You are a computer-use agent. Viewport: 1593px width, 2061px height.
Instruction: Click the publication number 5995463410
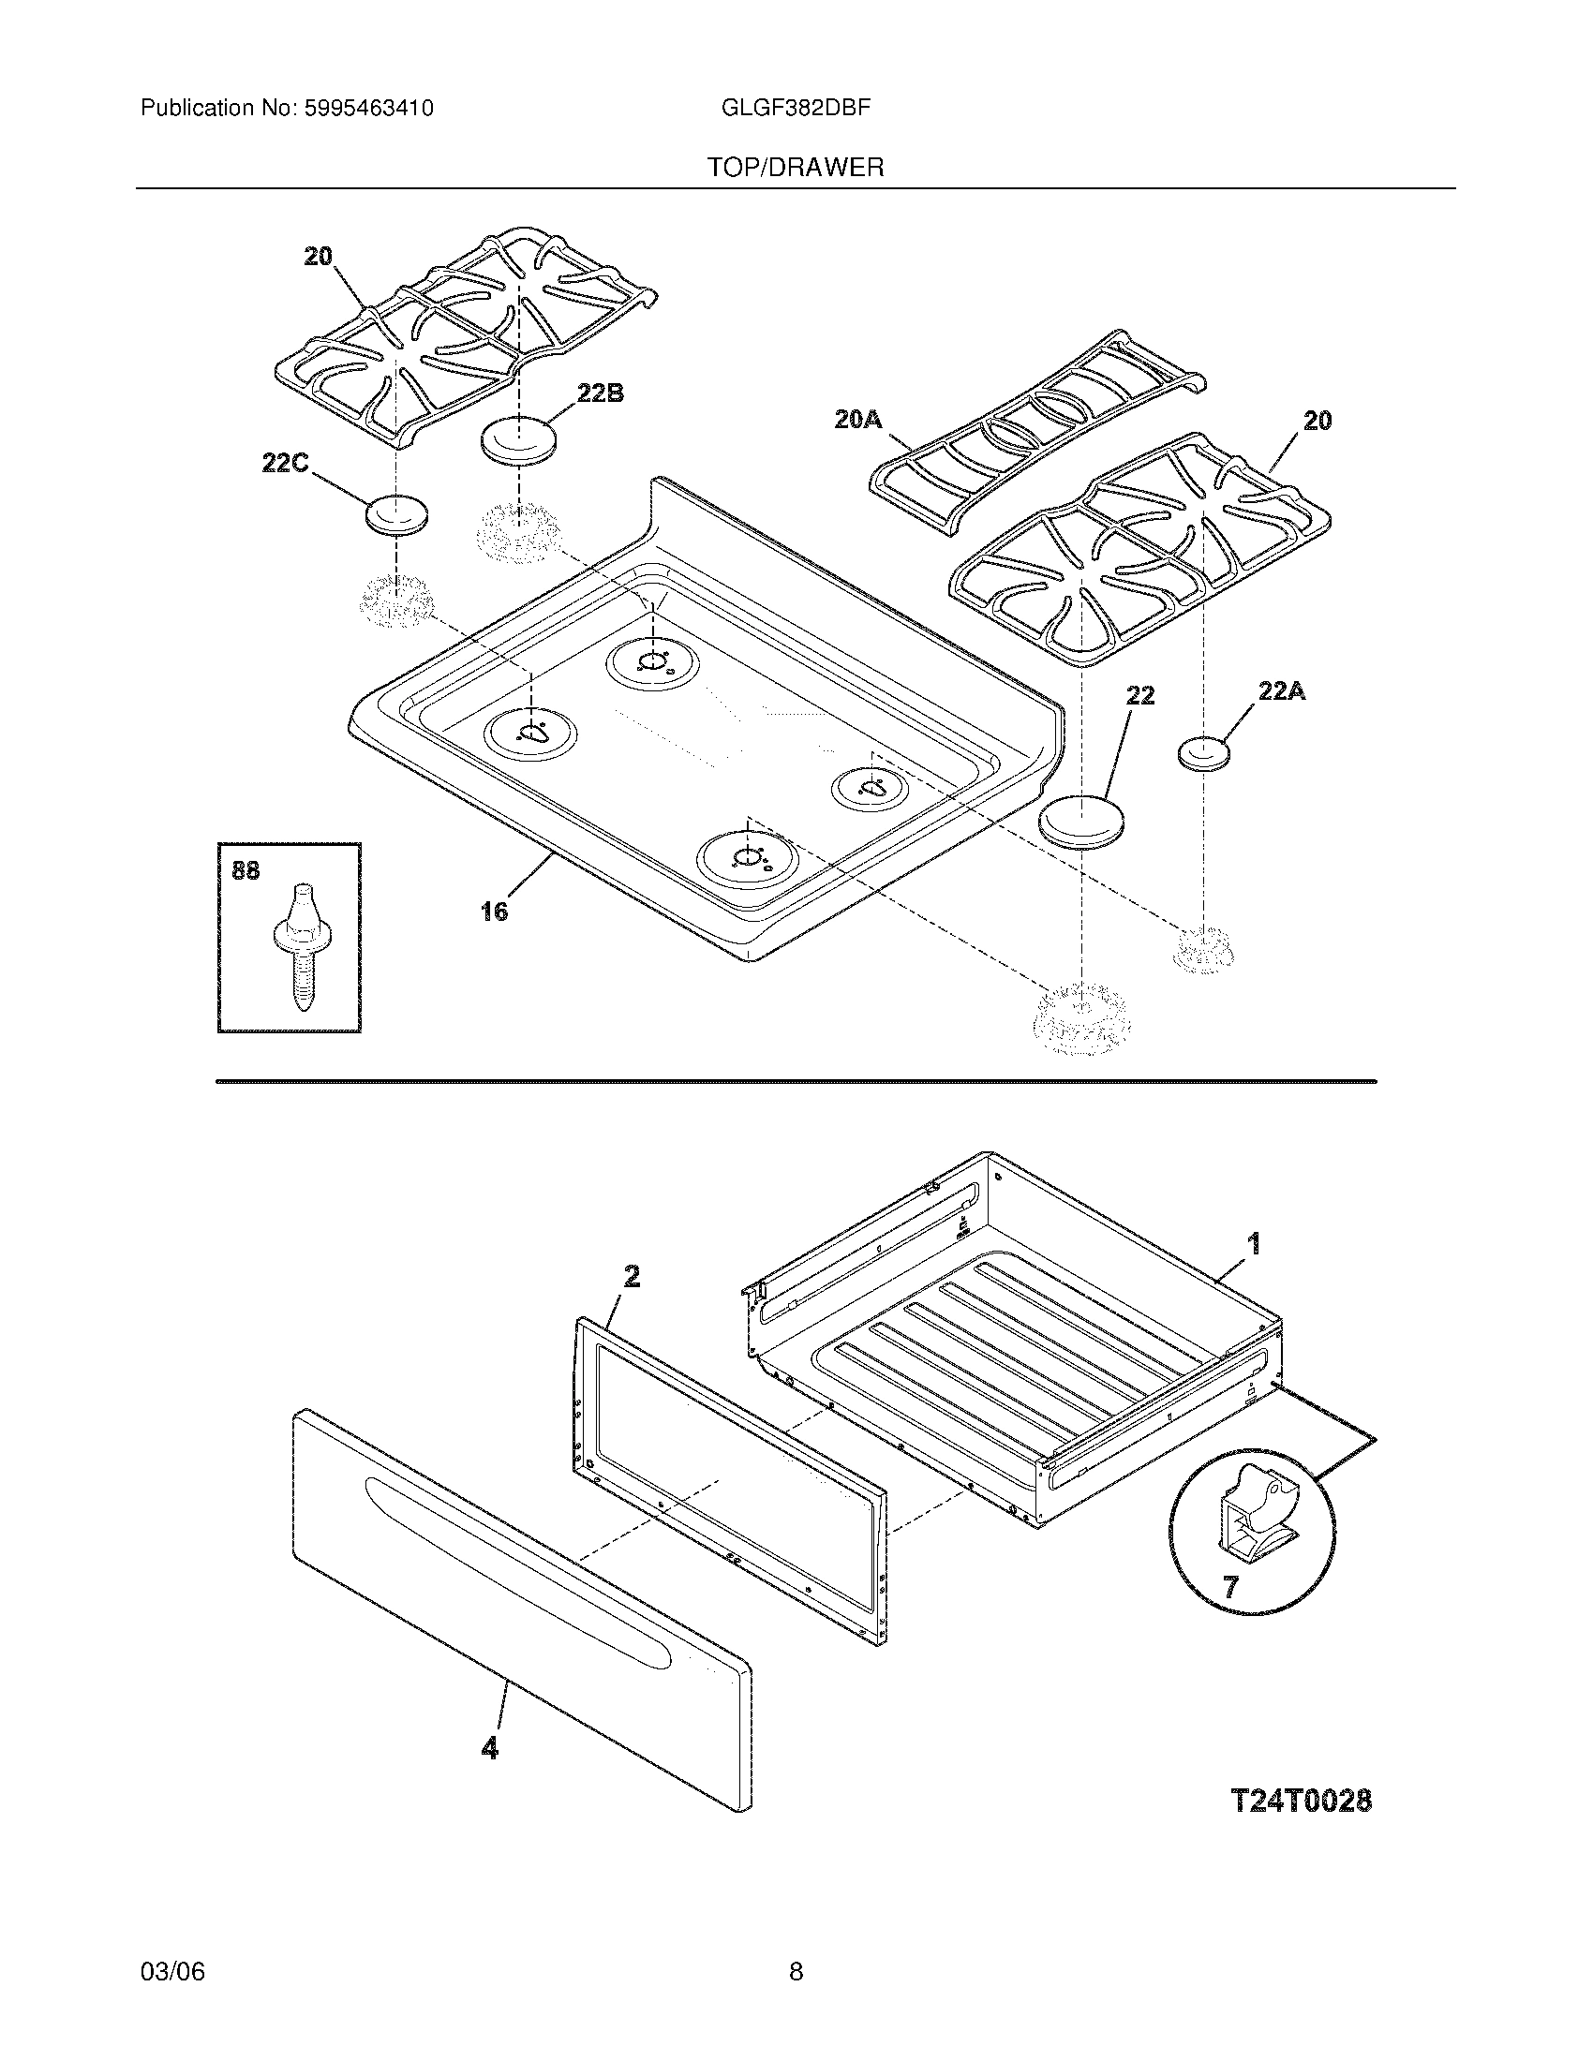tap(368, 109)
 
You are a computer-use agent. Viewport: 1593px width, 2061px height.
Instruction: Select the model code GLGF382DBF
tap(795, 108)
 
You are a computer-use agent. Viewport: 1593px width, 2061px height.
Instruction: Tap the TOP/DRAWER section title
tap(796, 168)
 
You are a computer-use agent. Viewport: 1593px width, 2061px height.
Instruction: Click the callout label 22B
tap(601, 393)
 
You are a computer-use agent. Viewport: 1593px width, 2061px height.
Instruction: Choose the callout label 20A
tap(857, 419)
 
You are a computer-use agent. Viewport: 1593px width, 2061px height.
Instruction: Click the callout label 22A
tap(1282, 691)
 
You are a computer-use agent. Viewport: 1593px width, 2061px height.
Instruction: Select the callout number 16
tap(494, 911)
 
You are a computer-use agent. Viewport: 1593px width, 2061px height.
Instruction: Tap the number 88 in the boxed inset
tap(246, 870)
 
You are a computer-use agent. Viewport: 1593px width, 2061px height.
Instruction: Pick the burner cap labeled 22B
tap(517, 439)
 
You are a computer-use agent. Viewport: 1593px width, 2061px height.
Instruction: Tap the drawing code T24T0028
tap(1302, 1802)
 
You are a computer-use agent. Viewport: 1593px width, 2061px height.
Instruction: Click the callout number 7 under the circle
tap(1229, 1587)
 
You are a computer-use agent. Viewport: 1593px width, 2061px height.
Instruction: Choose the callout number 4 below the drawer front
tap(489, 1748)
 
